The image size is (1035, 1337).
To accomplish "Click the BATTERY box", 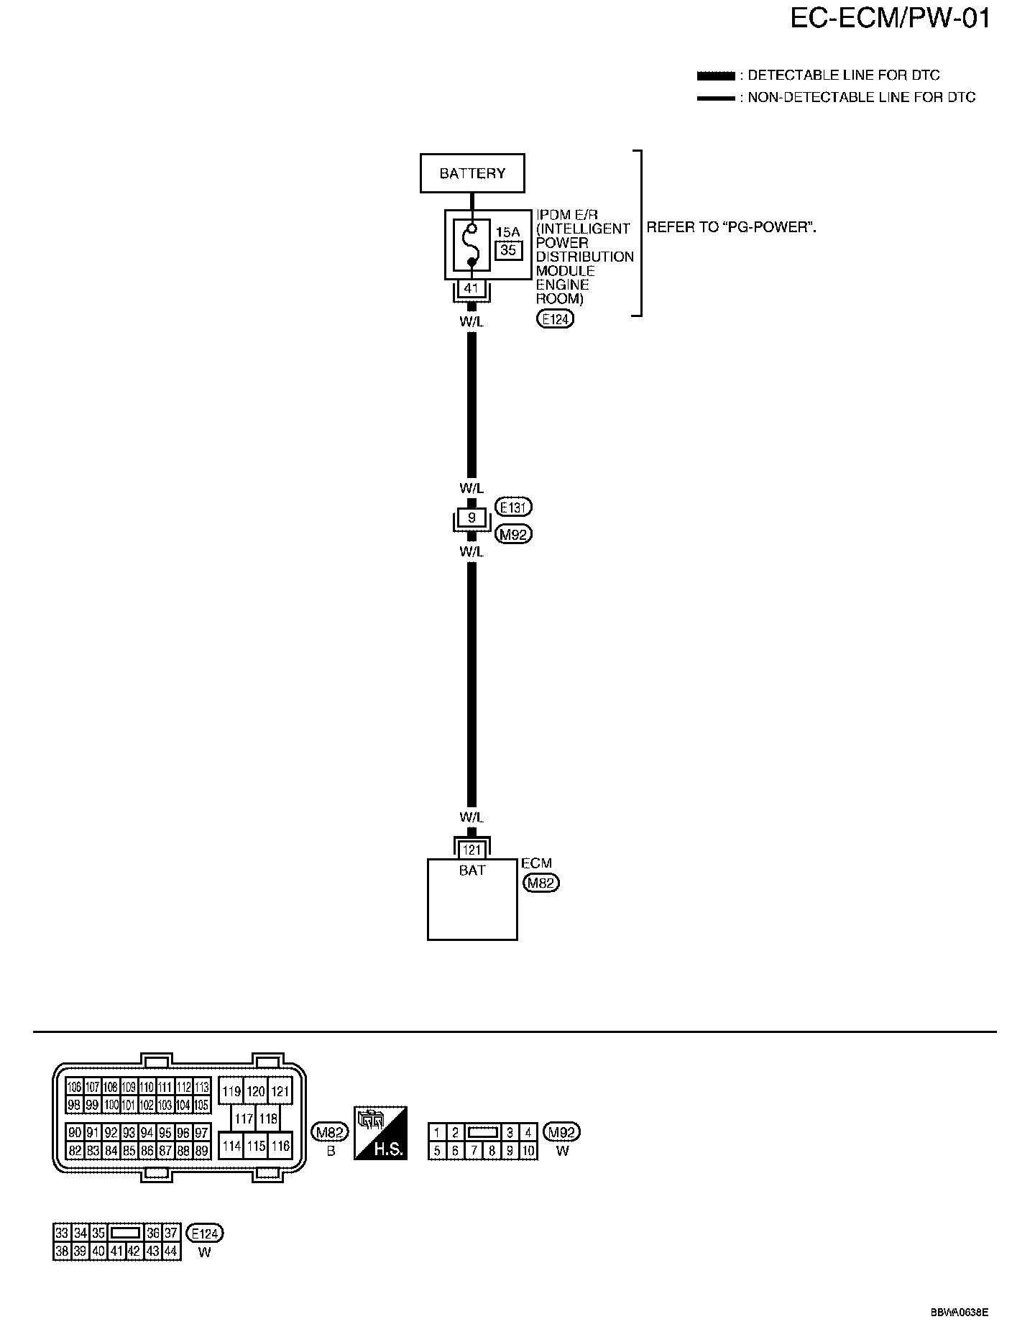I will [472, 173].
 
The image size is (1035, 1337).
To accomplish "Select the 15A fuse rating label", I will [507, 232].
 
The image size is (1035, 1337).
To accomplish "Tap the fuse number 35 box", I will [507, 250].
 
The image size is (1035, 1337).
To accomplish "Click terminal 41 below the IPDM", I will [471, 288].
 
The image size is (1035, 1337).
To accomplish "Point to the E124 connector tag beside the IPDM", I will [555, 319].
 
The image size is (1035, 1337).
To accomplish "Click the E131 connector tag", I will [514, 507].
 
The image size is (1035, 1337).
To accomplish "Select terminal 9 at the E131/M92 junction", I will [471, 517].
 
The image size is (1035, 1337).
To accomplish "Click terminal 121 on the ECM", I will [471, 850].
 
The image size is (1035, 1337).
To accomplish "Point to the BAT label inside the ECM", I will [471, 870].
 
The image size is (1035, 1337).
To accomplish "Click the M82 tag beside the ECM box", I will [540, 883].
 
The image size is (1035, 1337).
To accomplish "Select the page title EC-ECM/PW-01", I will [890, 19].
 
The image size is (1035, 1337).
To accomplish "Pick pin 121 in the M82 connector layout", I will [280, 1091].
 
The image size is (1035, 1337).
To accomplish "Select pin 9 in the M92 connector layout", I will [510, 1151].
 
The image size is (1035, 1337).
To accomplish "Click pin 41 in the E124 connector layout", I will [116, 1251].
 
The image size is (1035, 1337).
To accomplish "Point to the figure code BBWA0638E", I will [959, 1312].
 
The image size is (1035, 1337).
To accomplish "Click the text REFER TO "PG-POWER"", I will [731, 228].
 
